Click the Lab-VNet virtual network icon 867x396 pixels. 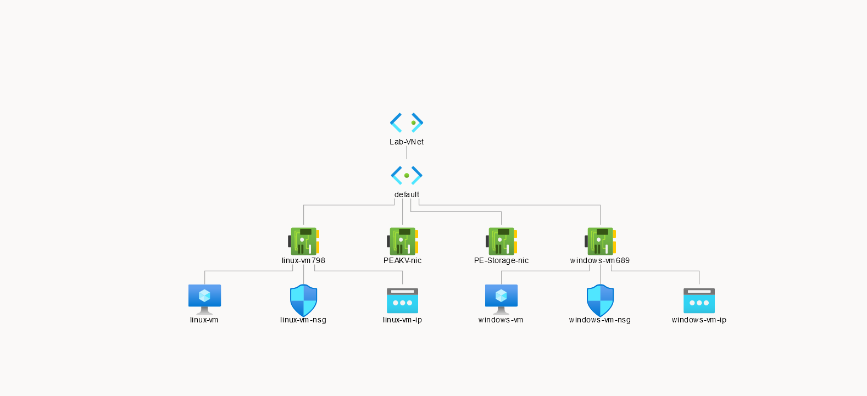click(x=407, y=122)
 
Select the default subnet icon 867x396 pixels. click(x=407, y=175)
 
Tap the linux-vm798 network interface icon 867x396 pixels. click(x=303, y=241)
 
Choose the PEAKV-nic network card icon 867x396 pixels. click(x=402, y=241)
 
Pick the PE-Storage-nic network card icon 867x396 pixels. click(x=501, y=241)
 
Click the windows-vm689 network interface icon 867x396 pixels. click(x=600, y=241)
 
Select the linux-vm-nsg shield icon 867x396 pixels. click(x=303, y=300)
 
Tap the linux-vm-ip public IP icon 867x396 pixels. click(x=402, y=300)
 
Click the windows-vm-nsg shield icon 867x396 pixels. click(x=600, y=300)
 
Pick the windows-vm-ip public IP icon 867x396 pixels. click(x=699, y=300)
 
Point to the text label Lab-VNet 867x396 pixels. click(x=407, y=142)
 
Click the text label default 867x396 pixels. click(x=407, y=194)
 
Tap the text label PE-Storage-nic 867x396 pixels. click(x=501, y=260)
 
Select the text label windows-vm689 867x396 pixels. click(x=600, y=260)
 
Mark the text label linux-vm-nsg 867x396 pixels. click(x=303, y=320)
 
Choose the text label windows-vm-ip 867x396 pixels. click(x=699, y=320)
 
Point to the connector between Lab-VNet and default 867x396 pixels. click(x=407, y=153)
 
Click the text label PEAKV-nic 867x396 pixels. click(x=402, y=260)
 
